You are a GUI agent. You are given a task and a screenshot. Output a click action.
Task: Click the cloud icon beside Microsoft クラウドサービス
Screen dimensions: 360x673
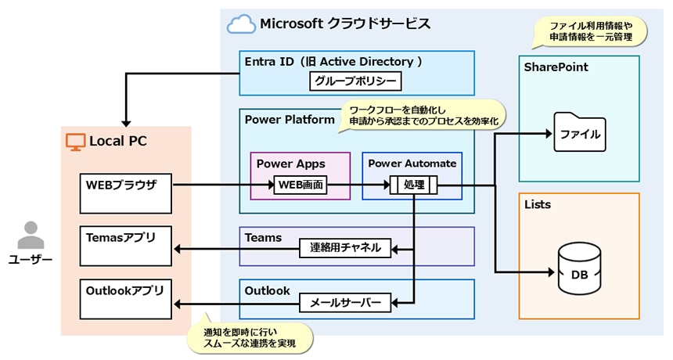pyautogui.click(x=241, y=25)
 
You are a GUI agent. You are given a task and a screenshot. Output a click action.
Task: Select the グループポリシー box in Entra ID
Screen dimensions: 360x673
pyautogui.click(x=354, y=81)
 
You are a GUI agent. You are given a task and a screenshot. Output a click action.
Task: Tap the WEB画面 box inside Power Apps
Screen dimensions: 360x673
pyautogui.click(x=301, y=185)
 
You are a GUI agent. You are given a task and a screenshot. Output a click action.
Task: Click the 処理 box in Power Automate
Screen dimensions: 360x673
pyautogui.click(x=413, y=185)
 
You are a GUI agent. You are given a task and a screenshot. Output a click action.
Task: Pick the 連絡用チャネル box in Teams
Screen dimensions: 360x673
pyautogui.click(x=345, y=248)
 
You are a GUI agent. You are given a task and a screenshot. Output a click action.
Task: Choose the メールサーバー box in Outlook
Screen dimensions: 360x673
pyautogui.click(x=345, y=302)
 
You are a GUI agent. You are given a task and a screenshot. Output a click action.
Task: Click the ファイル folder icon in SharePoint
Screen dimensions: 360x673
pyautogui.click(x=579, y=133)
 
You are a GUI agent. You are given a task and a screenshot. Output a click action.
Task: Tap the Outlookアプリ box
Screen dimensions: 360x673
pyautogui.click(x=126, y=298)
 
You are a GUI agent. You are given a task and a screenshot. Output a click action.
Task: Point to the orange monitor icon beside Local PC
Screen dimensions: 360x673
pyautogui.click(x=75, y=142)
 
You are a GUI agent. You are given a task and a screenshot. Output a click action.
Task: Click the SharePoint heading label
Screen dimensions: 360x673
pyautogui.click(x=556, y=68)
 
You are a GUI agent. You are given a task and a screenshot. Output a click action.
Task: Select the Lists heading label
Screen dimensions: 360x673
pyautogui.click(x=537, y=205)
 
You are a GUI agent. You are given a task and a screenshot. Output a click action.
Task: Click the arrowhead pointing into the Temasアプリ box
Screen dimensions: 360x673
pyautogui.click(x=177, y=249)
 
